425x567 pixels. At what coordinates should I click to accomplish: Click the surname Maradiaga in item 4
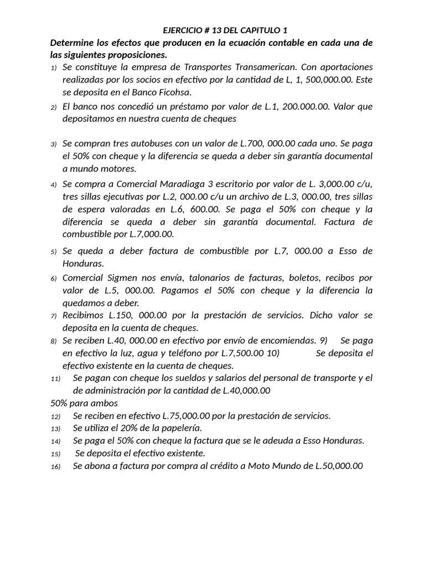click(180, 184)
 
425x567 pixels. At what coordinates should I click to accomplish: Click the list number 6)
click(54, 278)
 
